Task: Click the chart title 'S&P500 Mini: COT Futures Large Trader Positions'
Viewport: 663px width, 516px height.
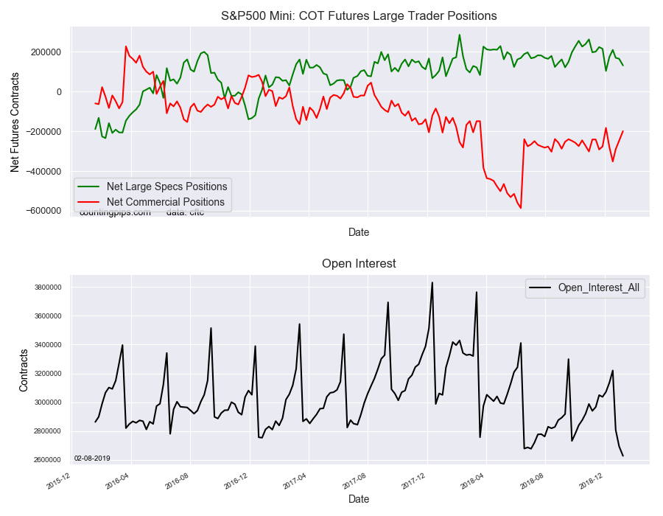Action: click(359, 15)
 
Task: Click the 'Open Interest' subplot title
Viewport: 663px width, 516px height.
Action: click(359, 263)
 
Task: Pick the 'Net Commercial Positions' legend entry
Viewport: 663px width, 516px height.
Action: click(165, 202)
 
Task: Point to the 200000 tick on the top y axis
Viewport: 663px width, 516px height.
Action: click(46, 52)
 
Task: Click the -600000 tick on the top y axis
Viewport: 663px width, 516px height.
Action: click(44, 211)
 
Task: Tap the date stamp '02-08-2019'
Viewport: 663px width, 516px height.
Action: click(92, 459)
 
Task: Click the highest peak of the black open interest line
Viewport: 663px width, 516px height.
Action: click(432, 282)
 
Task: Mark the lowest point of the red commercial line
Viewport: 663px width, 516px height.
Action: click(521, 208)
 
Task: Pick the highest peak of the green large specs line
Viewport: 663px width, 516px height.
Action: click(460, 35)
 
